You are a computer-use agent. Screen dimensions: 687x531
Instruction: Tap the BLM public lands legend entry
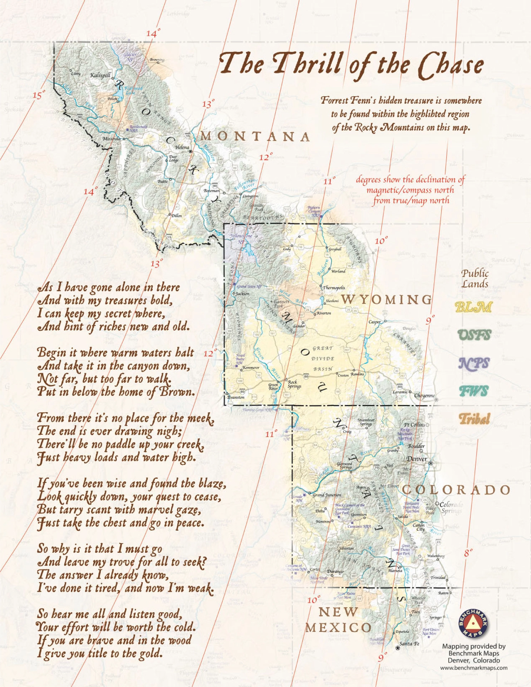click(473, 307)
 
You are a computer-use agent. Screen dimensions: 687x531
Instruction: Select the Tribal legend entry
click(474, 419)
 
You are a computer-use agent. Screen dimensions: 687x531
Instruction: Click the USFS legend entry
click(474, 335)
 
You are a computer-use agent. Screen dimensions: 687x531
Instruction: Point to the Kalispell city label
click(100, 75)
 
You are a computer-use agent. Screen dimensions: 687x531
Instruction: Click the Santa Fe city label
click(409, 644)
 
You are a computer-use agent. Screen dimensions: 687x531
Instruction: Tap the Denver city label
click(417, 459)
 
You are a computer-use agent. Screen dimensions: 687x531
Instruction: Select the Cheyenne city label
click(424, 395)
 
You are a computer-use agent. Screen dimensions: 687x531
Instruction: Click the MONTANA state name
click(255, 136)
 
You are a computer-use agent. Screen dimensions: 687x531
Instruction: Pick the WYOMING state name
click(386, 299)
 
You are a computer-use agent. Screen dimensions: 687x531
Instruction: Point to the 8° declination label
click(468, 553)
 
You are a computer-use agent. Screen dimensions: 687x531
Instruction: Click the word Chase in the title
click(451, 65)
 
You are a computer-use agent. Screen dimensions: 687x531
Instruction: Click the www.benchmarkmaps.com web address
click(473, 668)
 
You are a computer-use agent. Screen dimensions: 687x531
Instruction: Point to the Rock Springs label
click(294, 384)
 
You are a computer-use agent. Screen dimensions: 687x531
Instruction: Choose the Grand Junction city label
click(326, 495)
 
